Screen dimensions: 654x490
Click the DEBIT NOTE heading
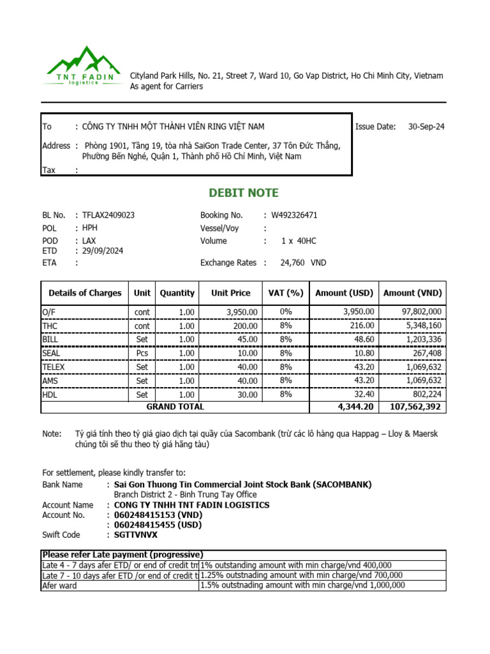244,193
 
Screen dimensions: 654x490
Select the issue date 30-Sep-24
426,126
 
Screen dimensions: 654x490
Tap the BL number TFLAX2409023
108,215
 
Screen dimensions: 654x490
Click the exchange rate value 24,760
292,262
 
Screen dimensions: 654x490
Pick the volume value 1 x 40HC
299,241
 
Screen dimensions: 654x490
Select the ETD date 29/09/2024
103,251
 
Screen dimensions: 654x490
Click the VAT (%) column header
286,293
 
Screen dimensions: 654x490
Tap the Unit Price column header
231,293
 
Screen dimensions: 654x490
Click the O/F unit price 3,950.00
242,312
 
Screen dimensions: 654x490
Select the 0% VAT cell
286,312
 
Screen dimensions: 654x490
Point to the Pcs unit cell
142,353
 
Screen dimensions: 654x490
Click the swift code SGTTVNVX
136,535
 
